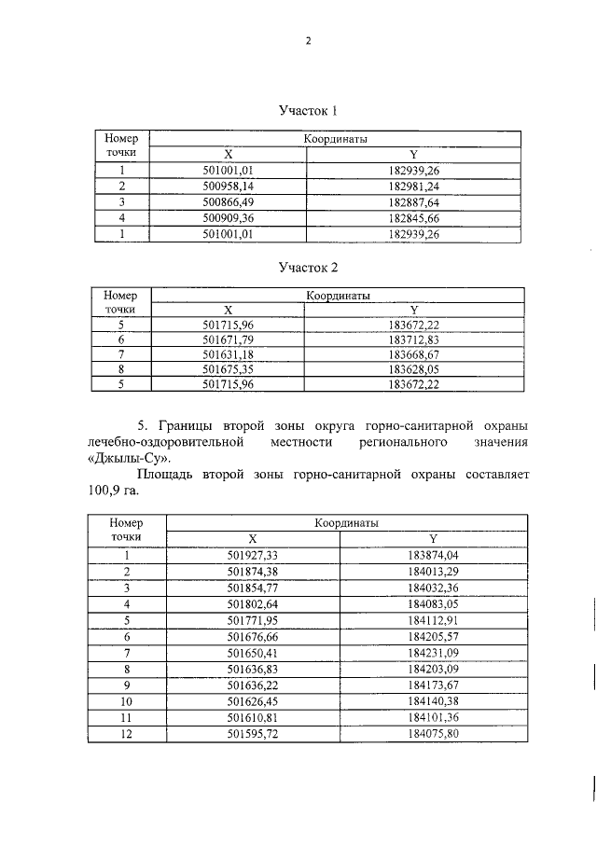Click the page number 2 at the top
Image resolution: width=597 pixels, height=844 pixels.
click(307, 41)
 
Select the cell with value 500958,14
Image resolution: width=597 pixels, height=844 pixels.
click(228, 186)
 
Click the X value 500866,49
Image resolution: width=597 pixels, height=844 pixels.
click(228, 201)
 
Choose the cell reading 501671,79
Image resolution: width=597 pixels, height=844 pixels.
click(228, 341)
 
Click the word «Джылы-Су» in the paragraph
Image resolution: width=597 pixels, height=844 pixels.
click(118, 458)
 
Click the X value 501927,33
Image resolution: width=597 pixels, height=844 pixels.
click(253, 554)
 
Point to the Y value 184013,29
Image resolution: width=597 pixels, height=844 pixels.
click(433, 570)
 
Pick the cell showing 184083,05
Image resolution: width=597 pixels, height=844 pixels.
click(433, 602)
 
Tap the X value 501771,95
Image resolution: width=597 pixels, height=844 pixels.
click(253, 618)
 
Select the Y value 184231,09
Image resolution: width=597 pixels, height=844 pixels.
click(433, 651)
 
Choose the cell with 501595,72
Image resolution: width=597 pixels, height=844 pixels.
click(253, 732)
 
